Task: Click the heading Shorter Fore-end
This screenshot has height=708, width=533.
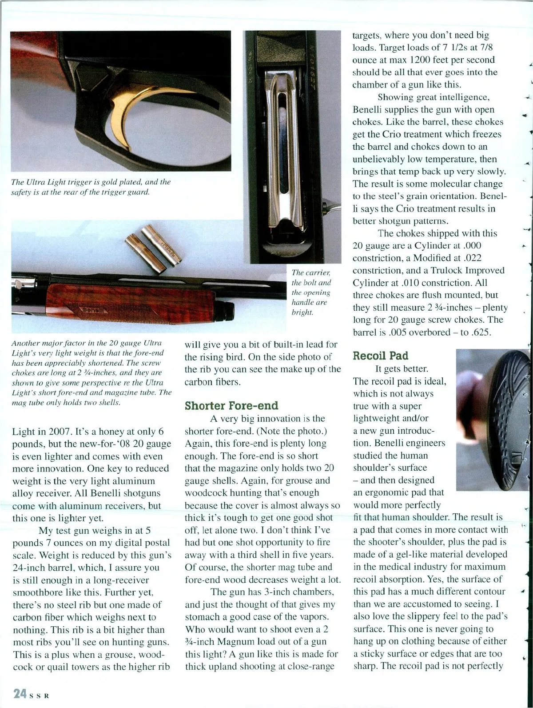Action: coord(231,405)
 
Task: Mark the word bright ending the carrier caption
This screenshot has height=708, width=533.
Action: coord(302,312)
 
